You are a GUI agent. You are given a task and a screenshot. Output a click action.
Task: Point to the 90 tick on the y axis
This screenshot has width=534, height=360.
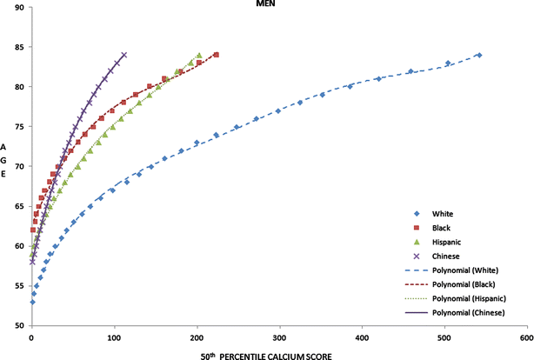click(x=20, y=7)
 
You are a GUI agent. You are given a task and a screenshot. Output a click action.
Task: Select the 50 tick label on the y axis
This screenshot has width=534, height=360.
click(x=20, y=326)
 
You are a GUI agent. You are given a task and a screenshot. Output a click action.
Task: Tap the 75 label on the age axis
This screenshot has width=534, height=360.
click(x=20, y=127)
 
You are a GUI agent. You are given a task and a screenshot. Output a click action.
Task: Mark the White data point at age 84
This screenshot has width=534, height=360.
click(x=479, y=55)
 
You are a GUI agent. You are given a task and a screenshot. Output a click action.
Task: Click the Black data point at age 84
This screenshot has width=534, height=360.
click(x=216, y=55)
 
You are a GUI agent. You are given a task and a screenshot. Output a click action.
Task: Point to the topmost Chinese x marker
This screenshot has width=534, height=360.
click(x=124, y=55)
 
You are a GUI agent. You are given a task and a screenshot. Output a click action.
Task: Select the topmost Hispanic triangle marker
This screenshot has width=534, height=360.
click(x=199, y=55)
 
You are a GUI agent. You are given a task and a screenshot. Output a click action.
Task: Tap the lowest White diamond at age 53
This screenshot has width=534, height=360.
click(x=32, y=302)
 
